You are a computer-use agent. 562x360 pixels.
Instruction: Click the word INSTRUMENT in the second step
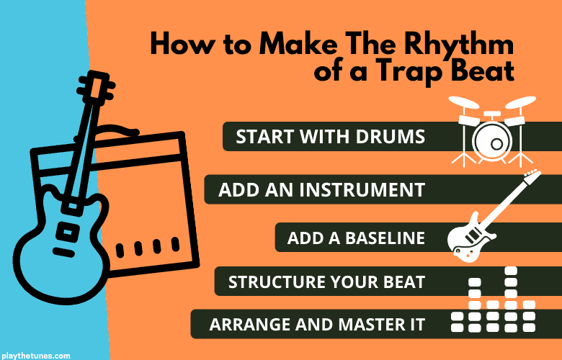coord(362,189)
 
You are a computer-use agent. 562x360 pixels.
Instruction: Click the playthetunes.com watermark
coord(35,356)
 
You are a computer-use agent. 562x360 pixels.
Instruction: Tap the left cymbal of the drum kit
coord(463,102)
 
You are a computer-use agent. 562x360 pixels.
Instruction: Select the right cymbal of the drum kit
coord(520,102)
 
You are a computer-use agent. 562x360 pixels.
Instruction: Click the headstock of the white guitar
coord(532,176)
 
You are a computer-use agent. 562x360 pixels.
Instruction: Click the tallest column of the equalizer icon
coord(510,299)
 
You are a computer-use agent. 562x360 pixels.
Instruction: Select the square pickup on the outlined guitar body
coord(68,232)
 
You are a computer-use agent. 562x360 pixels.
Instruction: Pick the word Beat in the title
coord(483,71)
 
